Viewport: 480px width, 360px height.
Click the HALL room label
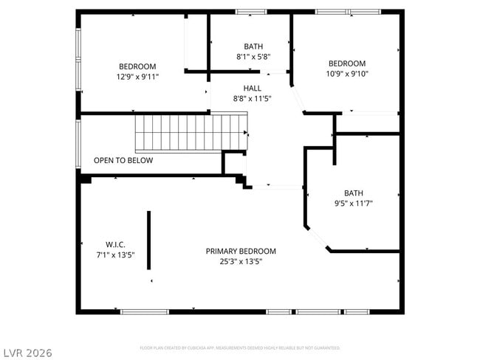coord(252,88)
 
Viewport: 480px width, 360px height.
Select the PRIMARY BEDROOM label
coord(241,251)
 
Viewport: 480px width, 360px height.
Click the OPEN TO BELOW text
coord(123,160)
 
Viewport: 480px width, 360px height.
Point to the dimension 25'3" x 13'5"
coord(241,261)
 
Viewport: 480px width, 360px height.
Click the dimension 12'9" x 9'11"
coord(137,77)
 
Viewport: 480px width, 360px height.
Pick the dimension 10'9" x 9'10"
coord(347,74)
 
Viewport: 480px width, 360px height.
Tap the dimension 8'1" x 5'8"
coord(253,56)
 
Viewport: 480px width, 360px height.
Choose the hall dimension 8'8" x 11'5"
coord(252,98)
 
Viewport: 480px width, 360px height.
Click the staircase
coord(191,133)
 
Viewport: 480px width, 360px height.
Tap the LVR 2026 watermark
coord(27,353)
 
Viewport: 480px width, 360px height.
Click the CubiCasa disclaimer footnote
coord(240,347)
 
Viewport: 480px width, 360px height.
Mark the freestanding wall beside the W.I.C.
coord(148,240)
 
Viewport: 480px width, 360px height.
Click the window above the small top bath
coord(250,12)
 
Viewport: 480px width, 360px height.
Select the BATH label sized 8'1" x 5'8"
coord(253,46)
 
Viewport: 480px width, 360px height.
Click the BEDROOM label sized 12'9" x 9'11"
coord(137,66)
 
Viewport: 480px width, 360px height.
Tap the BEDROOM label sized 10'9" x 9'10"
coord(347,63)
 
